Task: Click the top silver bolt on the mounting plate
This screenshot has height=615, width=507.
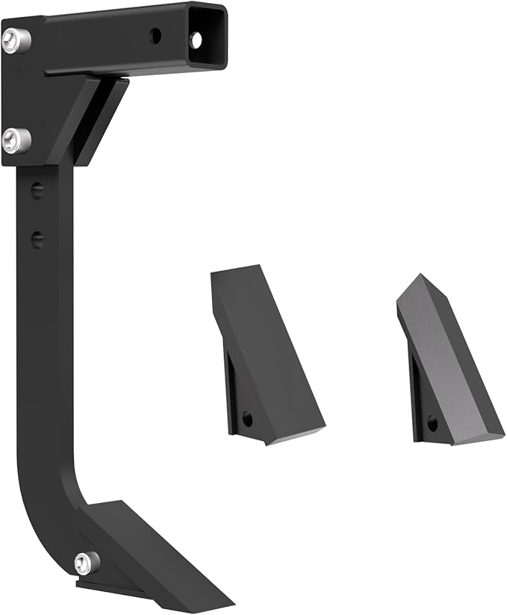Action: (x=16, y=40)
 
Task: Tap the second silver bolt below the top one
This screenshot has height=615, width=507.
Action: (x=16, y=140)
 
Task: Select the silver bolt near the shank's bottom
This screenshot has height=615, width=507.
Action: (x=87, y=562)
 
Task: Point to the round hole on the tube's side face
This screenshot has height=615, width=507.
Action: (x=155, y=34)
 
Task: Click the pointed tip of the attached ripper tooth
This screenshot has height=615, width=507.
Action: (x=224, y=603)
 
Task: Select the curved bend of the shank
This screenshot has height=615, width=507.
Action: (x=52, y=515)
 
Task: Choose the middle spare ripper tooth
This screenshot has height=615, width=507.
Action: (x=265, y=358)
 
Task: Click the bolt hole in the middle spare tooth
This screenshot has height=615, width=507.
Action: (x=247, y=419)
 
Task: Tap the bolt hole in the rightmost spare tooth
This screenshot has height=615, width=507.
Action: (x=432, y=423)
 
